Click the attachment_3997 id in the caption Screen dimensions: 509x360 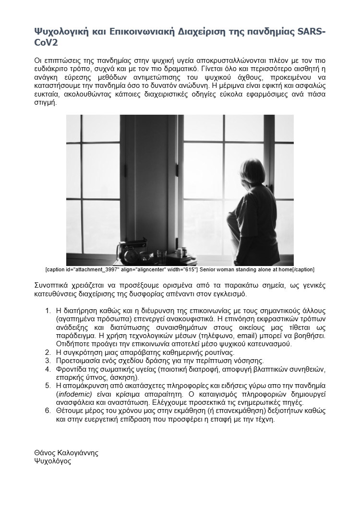tap(99, 269)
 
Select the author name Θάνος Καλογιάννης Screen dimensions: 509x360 tap(66, 453)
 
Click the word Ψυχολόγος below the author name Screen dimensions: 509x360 tap(53, 461)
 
